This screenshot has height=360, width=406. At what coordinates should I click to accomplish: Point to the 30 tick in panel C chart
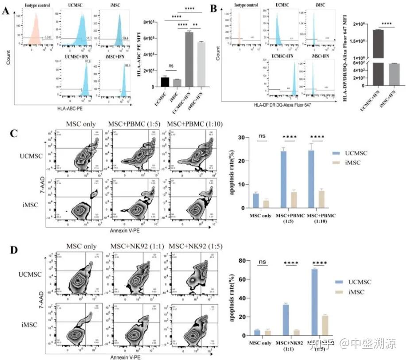[241, 138]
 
